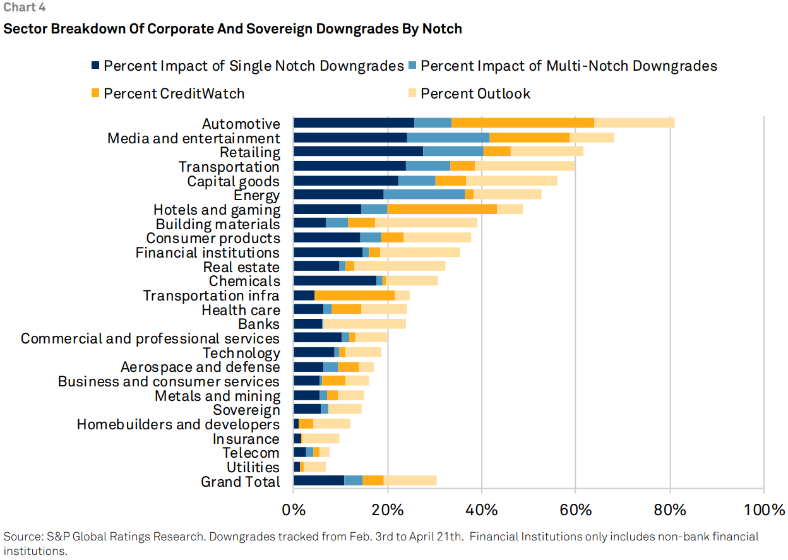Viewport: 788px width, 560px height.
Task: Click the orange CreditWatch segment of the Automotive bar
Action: [523, 122]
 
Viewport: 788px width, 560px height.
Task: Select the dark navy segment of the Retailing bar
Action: [358, 151]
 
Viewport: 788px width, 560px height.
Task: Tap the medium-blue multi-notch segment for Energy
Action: [424, 194]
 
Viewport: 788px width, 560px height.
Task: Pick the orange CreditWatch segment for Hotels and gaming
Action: [442, 208]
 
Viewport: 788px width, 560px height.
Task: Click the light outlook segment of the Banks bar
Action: [364, 324]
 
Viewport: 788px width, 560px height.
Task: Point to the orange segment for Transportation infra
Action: [354, 295]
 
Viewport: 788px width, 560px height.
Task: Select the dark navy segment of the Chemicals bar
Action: [335, 280]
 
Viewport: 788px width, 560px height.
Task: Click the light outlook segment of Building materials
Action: [426, 223]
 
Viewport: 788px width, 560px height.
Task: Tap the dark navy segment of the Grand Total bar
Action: [319, 480]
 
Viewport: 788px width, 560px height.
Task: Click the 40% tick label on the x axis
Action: [482, 509]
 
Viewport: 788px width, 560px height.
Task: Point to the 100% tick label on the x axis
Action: [763, 509]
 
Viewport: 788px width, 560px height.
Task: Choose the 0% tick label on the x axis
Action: [294, 509]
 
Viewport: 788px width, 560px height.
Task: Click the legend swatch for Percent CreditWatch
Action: [95, 93]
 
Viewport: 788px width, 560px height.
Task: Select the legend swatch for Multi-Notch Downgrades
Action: [412, 66]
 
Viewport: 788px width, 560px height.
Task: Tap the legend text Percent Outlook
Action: [475, 93]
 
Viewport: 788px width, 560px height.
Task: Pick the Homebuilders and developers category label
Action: [178, 424]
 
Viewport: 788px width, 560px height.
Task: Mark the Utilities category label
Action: [253, 467]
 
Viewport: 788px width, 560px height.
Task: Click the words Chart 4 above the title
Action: [24, 8]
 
